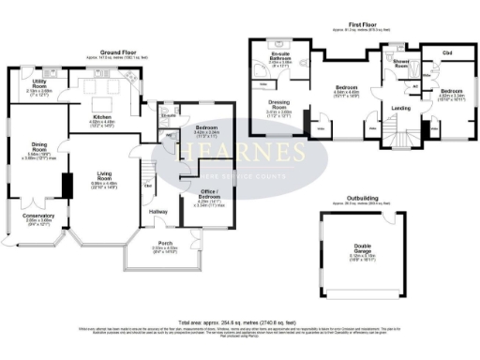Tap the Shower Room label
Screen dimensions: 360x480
click(x=403, y=64)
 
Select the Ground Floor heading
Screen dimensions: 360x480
click(x=117, y=53)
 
